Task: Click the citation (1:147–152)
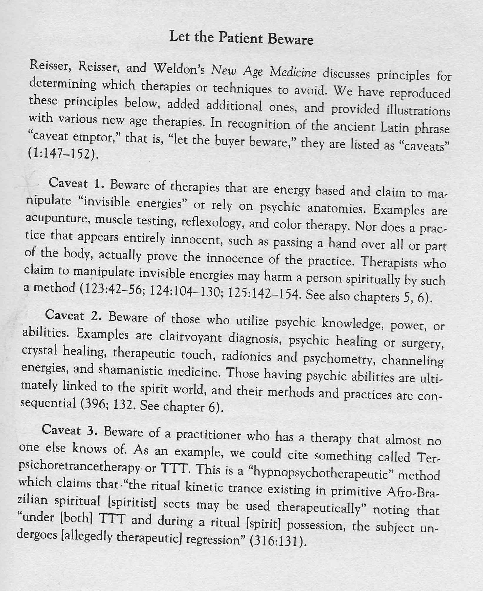pyautogui.click(x=63, y=153)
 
